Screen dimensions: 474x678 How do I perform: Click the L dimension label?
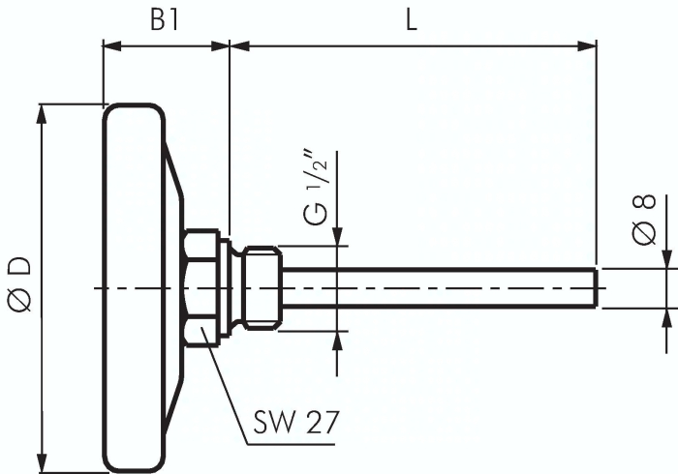tap(412, 21)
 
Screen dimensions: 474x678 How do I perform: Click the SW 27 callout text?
tap(296, 423)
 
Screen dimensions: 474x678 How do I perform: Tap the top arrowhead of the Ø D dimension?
tap(41, 114)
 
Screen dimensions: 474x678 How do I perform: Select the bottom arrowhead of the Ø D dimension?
tap(41, 464)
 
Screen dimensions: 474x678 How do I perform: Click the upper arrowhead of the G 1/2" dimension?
tap(336, 238)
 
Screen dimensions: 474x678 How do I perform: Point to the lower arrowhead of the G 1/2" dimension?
tap(336, 339)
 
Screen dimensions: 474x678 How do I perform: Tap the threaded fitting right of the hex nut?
tap(262, 287)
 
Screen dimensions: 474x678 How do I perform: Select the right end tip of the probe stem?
tap(593, 288)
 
